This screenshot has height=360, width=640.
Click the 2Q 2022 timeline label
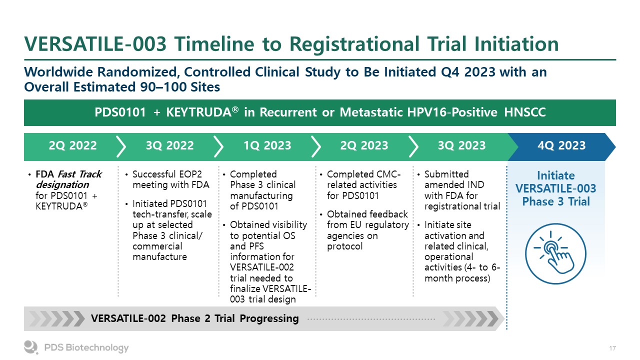(x=72, y=145)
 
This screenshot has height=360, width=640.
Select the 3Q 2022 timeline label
(x=169, y=145)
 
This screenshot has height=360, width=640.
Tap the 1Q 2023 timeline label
(x=267, y=145)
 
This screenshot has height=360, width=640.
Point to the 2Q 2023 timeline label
(x=364, y=145)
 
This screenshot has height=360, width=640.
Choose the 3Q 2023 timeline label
(x=461, y=145)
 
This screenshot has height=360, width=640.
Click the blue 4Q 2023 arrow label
(x=561, y=145)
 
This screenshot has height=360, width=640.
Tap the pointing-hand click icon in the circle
(x=555, y=253)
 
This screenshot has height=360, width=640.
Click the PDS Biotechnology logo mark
(x=31, y=347)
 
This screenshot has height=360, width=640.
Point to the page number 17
(x=612, y=348)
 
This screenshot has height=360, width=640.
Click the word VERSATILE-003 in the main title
(x=95, y=44)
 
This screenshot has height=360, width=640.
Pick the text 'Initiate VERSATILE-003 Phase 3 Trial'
(x=555, y=188)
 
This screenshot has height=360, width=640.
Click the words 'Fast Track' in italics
(x=79, y=174)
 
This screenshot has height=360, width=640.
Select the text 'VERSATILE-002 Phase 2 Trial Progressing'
(x=195, y=318)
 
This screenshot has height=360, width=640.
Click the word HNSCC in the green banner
(x=525, y=112)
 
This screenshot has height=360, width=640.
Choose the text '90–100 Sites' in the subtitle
(x=180, y=87)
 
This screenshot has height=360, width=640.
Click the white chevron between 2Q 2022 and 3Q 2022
(x=121, y=146)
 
